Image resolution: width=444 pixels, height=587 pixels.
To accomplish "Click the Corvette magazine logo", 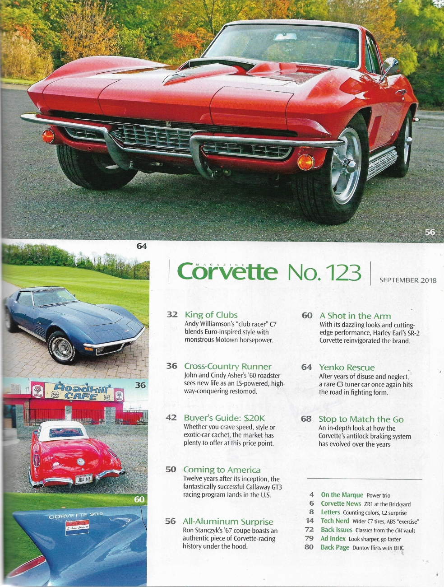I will pyautogui.click(x=227, y=271).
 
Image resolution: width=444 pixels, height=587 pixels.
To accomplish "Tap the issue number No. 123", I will pyautogui.click(x=324, y=272).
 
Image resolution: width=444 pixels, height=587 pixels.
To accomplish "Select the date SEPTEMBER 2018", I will pyautogui.click(x=407, y=280).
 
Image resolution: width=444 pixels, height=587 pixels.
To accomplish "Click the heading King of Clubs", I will pyautogui.click(x=211, y=315).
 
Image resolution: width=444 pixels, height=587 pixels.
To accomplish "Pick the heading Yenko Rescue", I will pyautogui.click(x=347, y=368).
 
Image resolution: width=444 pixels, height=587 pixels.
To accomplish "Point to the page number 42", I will pyautogui.click(x=171, y=418).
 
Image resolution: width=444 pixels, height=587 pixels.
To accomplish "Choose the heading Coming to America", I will pyautogui.click(x=222, y=470).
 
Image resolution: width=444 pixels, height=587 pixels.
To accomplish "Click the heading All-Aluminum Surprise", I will pyautogui.click(x=228, y=522).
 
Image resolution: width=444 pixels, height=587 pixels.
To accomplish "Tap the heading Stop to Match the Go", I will pyautogui.click(x=361, y=419).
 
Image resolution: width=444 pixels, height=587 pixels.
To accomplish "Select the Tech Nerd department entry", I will pyautogui.click(x=335, y=521).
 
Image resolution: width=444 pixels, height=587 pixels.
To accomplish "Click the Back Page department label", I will pyautogui.click(x=335, y=547).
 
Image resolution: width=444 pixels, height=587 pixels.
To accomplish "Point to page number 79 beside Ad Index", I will pyautogui.click(x=309, y=538).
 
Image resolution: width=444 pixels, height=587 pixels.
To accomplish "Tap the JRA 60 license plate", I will pyautogui.click(x=83, y=479).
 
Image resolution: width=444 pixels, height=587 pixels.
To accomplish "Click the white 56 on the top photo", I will pyautogui.click(x=430, y=232).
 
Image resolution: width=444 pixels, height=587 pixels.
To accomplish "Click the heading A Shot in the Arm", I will pyautogui.click(x=355, y=316).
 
